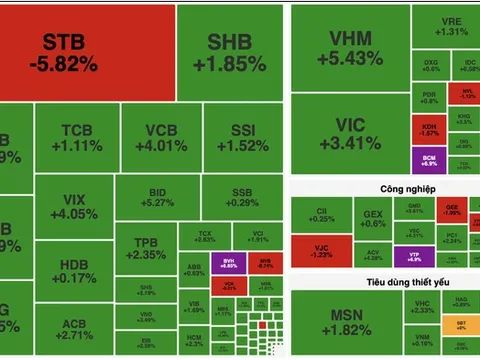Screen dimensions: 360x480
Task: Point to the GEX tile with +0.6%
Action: [372, 219]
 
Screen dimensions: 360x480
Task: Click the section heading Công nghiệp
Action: [381, 190]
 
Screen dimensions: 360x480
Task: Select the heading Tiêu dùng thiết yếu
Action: [382, 283]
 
